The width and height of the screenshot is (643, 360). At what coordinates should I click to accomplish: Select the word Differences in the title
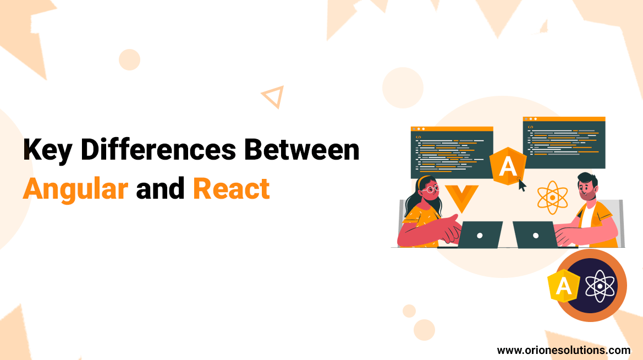tap(158, 149)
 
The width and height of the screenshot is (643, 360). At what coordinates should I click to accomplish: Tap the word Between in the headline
tap(301, 149)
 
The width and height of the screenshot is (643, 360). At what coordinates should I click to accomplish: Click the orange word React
tap(231, 189)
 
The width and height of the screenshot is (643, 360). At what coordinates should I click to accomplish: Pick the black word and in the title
tap(160, 189)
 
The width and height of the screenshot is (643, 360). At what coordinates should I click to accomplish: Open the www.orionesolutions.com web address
tap(563, 350)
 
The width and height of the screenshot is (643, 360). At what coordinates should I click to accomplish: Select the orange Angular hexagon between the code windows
tap(508, 166)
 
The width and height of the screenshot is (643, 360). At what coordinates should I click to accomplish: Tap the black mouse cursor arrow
tap(521, 185)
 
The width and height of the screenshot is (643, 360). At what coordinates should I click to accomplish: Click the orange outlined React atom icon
tap(552, 198)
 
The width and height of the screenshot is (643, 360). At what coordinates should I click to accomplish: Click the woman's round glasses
tap(432, 189)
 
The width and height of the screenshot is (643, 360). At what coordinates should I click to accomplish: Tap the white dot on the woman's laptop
tap(480, 236)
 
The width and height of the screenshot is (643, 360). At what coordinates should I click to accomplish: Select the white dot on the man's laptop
tap(536, 236)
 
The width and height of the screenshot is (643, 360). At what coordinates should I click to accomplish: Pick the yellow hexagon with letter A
tap(563, 285)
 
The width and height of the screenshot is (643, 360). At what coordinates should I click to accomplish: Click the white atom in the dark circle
tap(600, 286)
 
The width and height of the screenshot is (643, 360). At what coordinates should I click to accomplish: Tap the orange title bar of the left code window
tap(452, 129)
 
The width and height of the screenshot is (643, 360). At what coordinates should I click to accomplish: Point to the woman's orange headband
tap(422, 180)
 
